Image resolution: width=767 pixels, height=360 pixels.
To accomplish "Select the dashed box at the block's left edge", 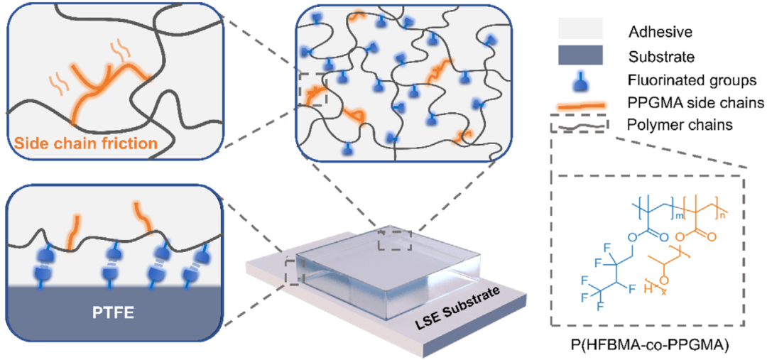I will (293, 269).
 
